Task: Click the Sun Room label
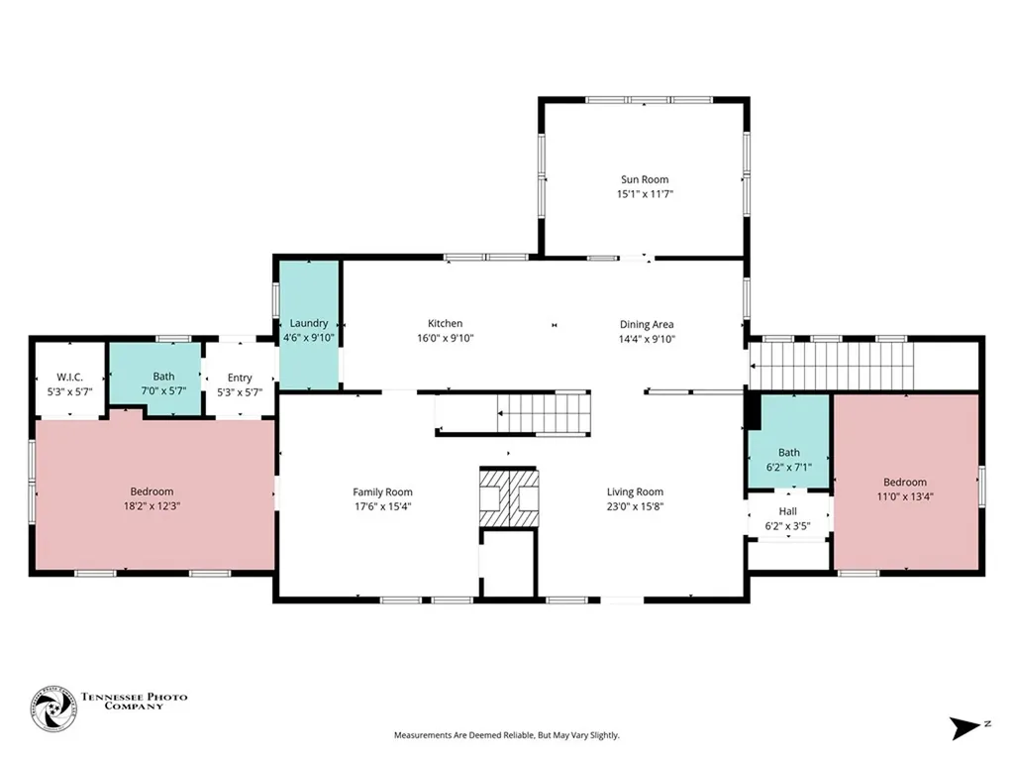(x=644, y=179)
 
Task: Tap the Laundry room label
(x=309, y=323)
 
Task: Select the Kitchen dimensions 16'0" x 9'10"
(x=445, y=338)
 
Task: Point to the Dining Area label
(x=647, y=324)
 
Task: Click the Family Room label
(x=382, y=491)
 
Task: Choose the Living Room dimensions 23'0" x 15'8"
(x=635, y=506)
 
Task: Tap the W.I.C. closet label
(x=70, y=378)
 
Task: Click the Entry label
(x=240, y=378)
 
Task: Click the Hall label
(x=788, y=511)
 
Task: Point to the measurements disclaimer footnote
(x=506, y=735)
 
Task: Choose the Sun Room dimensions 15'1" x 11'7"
(x=644, y=194)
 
